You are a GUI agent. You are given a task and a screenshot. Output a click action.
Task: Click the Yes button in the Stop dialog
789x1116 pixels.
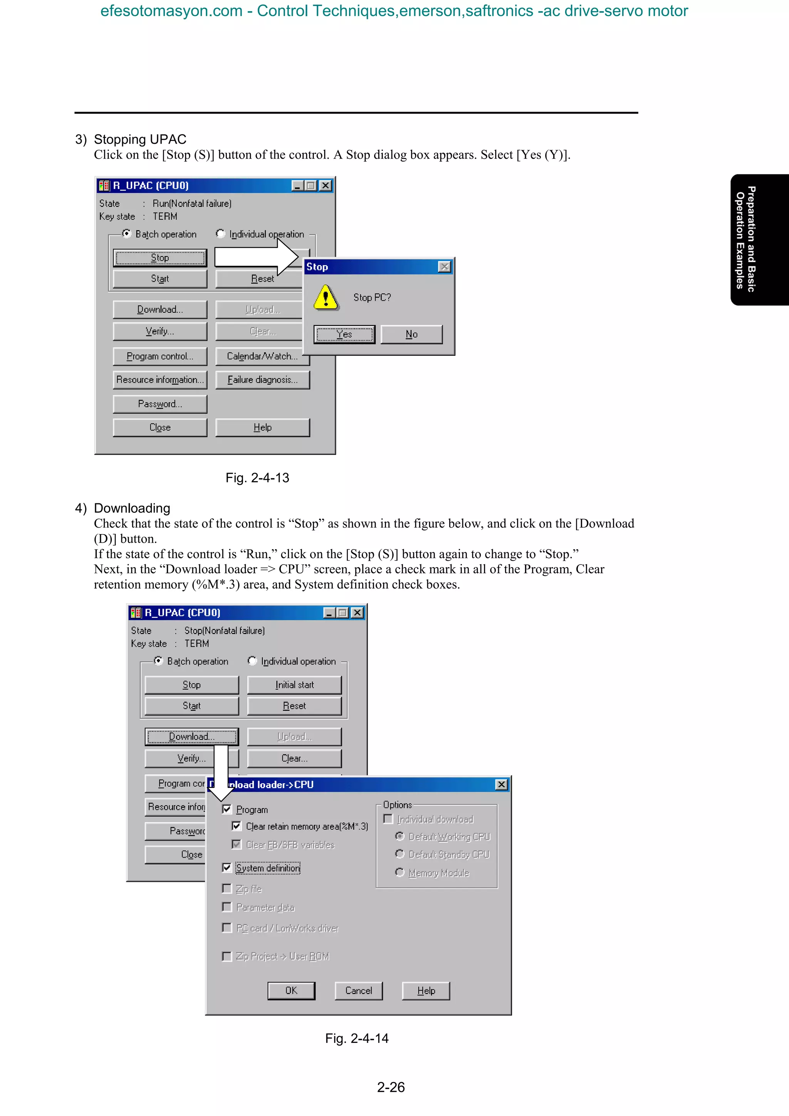click(344, 334)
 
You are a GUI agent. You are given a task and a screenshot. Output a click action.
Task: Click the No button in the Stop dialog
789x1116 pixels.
click(411, 334)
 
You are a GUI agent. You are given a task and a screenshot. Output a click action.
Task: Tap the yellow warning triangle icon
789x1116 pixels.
click(326, 297)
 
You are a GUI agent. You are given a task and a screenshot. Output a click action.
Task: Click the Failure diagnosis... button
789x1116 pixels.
click(262, 380)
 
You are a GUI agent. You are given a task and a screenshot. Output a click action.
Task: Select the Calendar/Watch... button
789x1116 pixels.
click(262, 356)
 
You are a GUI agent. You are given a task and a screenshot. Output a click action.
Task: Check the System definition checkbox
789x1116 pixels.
click(227, 868)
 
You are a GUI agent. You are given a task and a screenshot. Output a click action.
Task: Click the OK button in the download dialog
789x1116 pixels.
click(291, 990)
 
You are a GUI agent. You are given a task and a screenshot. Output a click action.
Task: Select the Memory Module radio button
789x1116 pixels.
click(400, 873)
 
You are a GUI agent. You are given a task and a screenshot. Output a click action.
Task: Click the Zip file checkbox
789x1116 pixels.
click(227, 888)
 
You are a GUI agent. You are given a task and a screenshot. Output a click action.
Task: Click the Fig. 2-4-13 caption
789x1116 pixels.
click(257, 478)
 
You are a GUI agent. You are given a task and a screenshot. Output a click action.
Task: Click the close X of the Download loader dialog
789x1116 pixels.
click(501, 784)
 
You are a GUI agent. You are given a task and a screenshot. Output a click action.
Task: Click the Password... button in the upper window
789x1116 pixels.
click(160, 404)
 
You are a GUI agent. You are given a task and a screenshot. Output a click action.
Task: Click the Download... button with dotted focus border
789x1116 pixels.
click(191, 736)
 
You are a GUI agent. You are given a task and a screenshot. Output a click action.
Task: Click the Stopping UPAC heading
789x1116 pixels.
click(140, 139)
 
